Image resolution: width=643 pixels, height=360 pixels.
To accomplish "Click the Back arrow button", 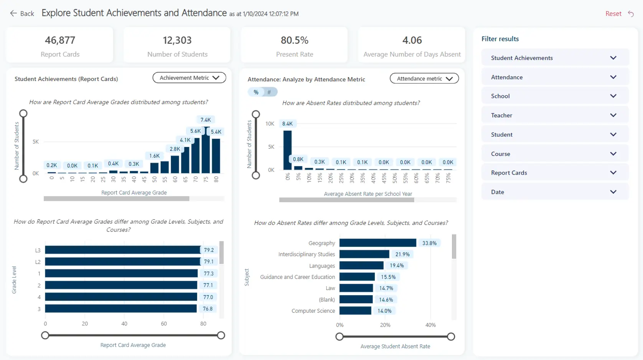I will (14, 13).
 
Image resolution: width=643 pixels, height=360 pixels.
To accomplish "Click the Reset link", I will (613, 13).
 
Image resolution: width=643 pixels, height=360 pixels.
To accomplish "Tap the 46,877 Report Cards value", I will (60, 40).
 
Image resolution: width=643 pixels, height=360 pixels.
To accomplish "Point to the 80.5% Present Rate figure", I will (294, 40).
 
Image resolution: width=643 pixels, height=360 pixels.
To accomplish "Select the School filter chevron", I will (613, 96).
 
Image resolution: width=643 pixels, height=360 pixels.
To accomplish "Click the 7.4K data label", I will (206, 120).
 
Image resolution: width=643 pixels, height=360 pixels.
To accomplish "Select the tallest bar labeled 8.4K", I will (287, 150).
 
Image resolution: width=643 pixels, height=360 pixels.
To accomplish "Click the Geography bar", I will (378, 243).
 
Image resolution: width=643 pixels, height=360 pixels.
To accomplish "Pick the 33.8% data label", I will (429, 243).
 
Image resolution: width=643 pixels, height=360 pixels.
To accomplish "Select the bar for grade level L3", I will (122, 250).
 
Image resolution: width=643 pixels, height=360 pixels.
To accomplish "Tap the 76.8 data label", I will (208, 309).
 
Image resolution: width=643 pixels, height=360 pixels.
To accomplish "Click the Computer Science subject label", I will (313, 311).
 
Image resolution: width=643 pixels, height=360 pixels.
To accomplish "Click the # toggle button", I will (269, 92).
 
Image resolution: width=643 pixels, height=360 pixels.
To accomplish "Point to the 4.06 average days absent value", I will (412, 40).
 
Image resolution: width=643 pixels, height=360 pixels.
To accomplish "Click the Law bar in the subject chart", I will (356, 288).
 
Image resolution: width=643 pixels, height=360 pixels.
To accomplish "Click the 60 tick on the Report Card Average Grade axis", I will (175, 179).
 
